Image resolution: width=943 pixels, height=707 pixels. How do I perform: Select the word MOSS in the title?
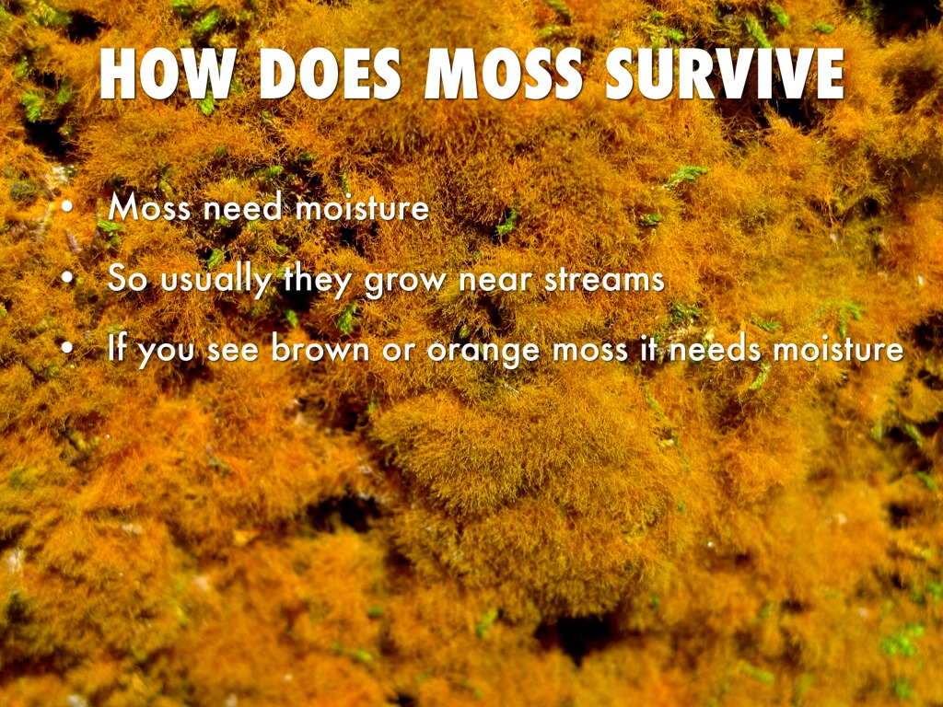coord(503,75)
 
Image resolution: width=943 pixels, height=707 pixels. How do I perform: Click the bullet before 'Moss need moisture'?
coord(66,208)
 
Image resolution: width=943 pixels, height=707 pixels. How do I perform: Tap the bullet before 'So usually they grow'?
coord(66,278)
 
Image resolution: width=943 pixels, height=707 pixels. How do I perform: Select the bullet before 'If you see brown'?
coord(66,349)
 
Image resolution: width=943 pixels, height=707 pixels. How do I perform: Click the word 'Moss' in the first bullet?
coord(148,208)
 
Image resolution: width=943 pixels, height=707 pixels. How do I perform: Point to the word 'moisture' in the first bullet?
coord(363,208)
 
